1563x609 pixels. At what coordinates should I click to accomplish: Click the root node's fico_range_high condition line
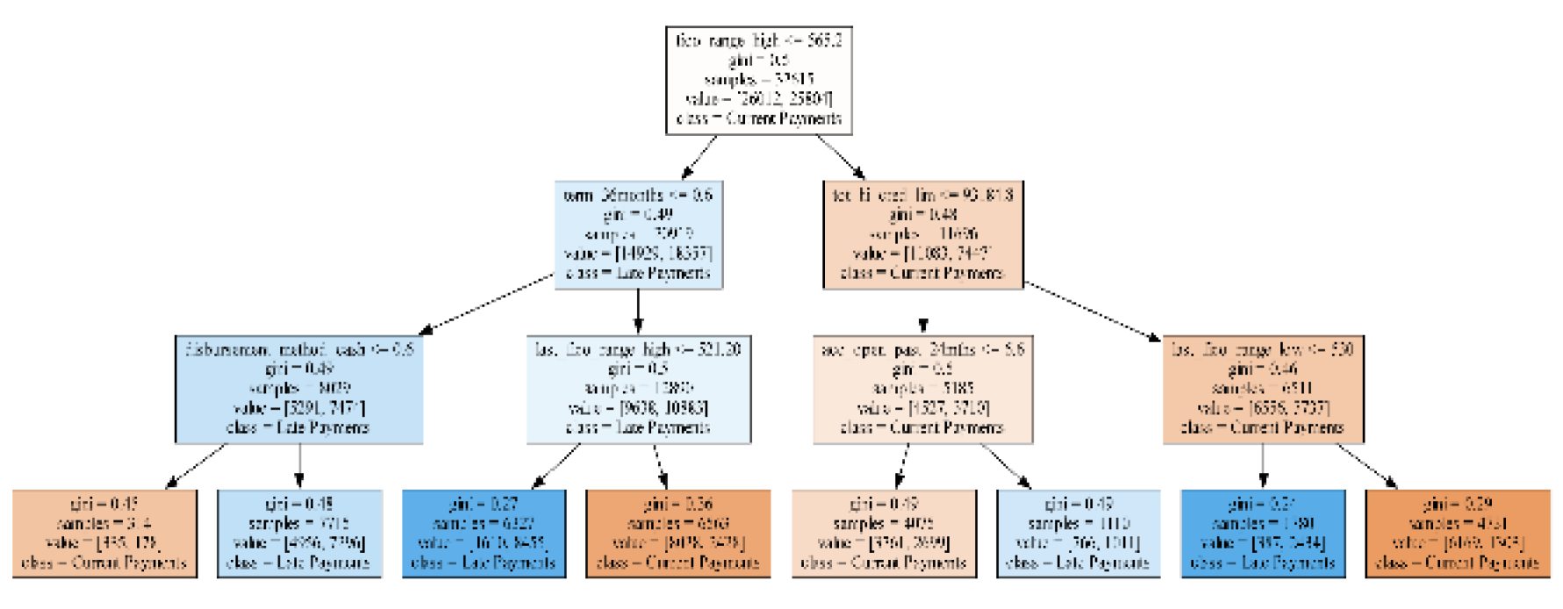point(759,40)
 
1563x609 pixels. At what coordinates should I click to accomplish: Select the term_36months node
point(638,234)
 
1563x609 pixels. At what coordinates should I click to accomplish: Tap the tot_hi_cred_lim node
point(923,234)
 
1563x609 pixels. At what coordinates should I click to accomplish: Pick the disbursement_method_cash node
point(298,389)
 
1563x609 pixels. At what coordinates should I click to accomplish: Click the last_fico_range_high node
point(638,389)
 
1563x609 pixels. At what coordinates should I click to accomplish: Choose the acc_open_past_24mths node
point(922,389)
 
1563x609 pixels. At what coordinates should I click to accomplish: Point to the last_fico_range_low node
point(1263,389)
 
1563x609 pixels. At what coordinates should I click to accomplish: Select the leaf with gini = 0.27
point(484,534)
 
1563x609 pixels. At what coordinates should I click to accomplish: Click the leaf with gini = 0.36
point(678,534)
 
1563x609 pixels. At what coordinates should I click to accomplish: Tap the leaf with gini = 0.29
point(1458,534)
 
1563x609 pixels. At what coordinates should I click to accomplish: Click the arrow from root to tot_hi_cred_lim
point(840,157)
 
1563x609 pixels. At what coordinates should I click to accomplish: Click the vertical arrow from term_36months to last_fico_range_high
point(638,312)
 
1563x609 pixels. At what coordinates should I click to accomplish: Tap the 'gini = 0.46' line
point(1263,369)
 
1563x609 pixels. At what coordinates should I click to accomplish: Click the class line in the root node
point(759,118)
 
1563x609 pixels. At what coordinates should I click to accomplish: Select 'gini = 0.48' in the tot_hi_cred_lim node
point(923,214)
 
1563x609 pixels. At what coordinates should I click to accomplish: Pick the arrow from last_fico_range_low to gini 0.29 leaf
point(1367,465)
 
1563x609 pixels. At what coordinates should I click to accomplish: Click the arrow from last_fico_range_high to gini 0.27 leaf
point(556,465)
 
